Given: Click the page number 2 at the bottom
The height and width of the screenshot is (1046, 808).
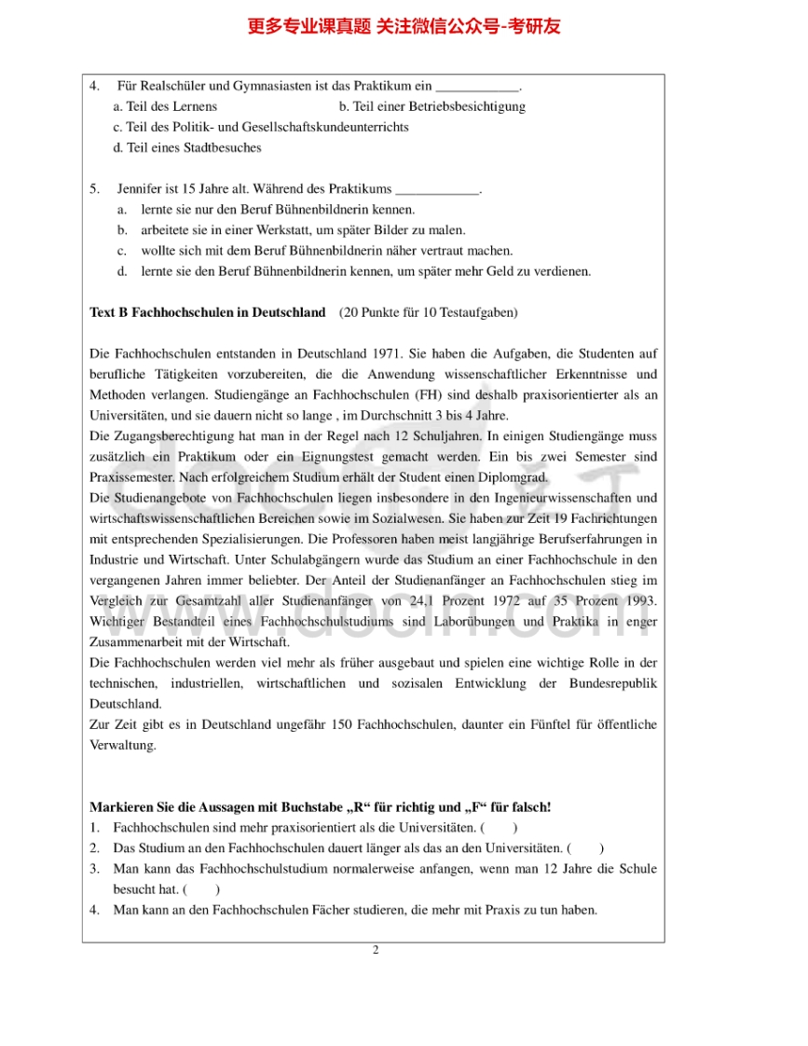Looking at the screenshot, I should (375, 950).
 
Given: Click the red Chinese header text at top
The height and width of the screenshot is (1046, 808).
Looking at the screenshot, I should (404, 26).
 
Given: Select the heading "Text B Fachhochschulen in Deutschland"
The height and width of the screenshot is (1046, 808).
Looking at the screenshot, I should (207, 312).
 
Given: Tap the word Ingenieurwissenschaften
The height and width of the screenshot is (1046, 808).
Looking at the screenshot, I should (577, 498).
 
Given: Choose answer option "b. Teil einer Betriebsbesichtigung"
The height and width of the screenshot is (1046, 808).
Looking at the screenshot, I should (431, 106).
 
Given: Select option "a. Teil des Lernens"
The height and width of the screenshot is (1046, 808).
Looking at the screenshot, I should (165, 106).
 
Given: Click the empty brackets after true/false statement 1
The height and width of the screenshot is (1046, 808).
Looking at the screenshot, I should (500, 828).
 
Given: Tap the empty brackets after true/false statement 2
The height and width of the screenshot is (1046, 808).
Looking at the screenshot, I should (585, 848).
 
